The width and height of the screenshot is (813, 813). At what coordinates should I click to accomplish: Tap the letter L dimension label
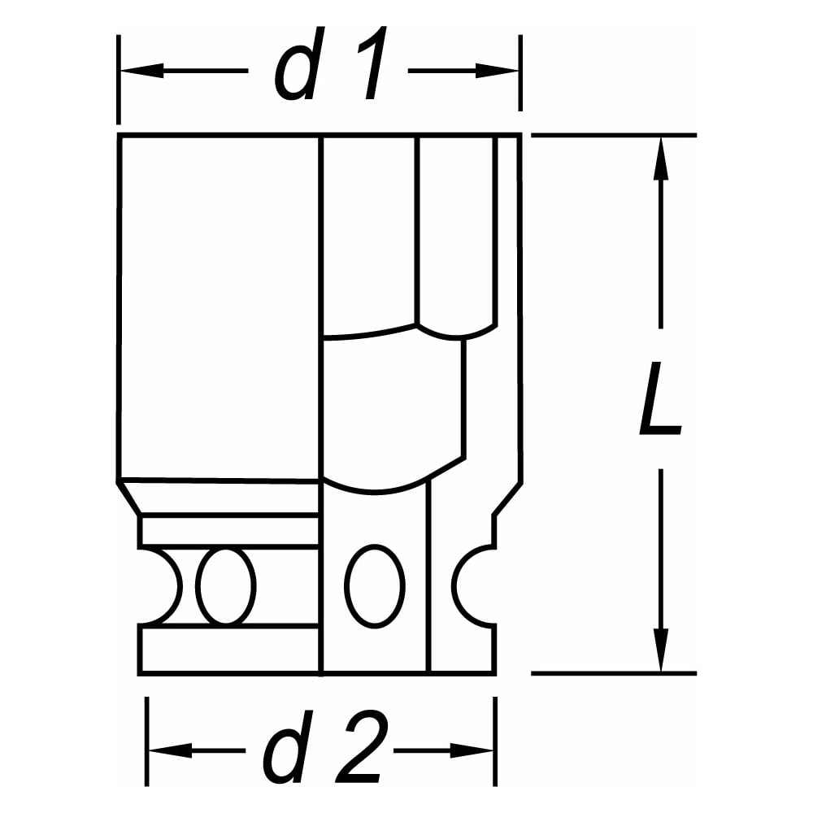coord(659,398)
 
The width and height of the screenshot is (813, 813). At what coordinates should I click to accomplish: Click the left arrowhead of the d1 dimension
coord(141,71)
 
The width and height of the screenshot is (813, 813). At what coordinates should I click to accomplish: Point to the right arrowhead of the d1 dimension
coord(497,71)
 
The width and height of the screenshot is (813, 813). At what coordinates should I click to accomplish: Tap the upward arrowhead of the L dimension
coord(660,158)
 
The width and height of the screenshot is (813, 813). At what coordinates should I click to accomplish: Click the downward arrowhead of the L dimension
coord(660,650)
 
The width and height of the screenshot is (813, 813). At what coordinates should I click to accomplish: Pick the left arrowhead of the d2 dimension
coord(170,750)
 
